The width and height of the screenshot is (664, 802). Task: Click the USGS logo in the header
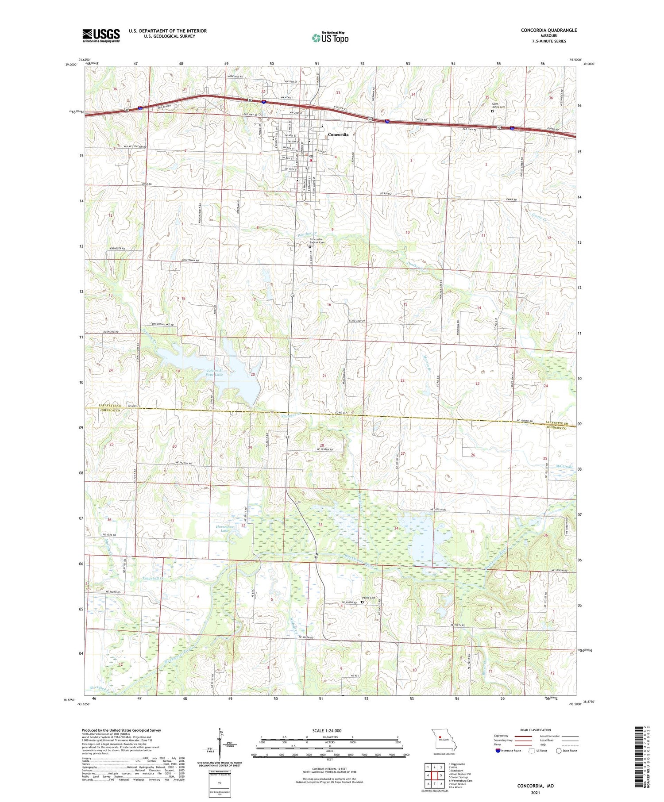(101, 35)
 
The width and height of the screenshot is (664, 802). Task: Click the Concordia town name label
(338, 134)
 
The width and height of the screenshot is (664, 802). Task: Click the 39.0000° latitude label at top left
(70, 65)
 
